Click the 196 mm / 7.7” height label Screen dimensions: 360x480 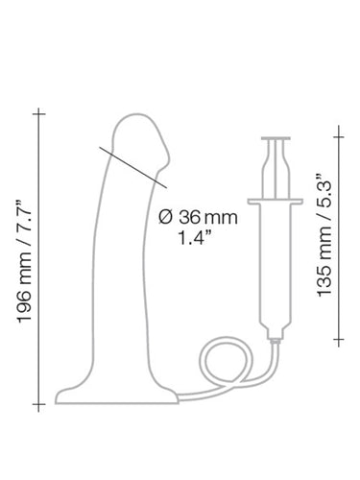pos(24,261)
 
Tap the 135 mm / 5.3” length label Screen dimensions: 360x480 pos(324,235)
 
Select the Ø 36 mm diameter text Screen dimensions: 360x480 pos(198,218)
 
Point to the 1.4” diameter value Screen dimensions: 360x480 pos(195,238)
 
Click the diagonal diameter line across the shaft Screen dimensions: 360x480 pos(132,167)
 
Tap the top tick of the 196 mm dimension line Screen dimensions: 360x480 pos(38,113)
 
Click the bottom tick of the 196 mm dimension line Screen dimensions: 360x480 pos(38,404)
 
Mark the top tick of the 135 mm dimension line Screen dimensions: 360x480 pos(339,137)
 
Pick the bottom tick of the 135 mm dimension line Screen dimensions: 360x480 pos(339,339)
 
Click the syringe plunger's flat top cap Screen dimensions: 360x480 pos(276,138)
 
